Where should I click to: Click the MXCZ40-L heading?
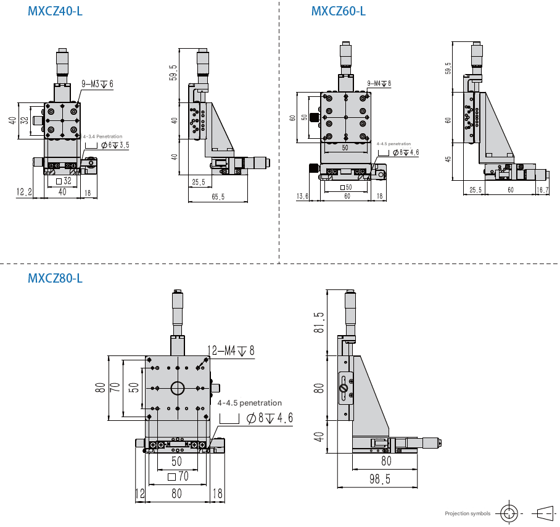click(x=55, y=11)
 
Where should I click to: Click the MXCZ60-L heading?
click(x=338, y=11)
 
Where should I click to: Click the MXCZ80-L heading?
click(x=55, y=278)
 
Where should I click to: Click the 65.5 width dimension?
click(x=218, y=196)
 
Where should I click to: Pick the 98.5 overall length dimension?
click(x=380, y=479)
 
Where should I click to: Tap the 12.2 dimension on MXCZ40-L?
click(x=24, y=192)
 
